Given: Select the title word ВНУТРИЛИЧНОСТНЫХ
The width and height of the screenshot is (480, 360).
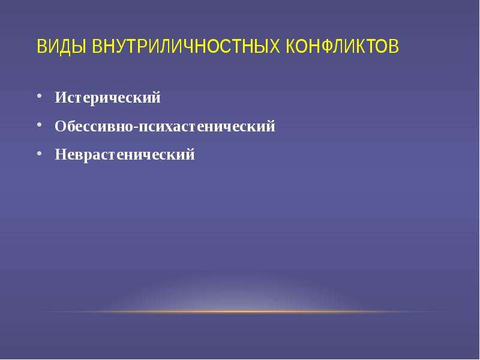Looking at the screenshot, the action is (186, 46).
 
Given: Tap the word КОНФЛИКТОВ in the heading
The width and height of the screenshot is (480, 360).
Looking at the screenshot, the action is (343, 46).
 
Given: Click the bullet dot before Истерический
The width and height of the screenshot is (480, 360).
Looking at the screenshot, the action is (39, 96).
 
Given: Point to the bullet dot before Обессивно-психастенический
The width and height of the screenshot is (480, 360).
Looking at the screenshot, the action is (39, 125).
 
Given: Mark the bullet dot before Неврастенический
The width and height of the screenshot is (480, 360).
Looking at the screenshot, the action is (39, 153).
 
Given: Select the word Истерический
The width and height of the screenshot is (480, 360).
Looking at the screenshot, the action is (107, 98).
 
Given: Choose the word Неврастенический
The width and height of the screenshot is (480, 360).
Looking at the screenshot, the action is (125, 154).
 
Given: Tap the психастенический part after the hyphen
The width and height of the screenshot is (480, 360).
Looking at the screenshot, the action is (207, 127).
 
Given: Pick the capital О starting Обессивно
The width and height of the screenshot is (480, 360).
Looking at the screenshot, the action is (61, 126).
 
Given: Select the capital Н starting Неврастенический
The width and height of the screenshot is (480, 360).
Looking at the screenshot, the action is (61, 154).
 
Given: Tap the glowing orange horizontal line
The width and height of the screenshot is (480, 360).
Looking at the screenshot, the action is (240, 311).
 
